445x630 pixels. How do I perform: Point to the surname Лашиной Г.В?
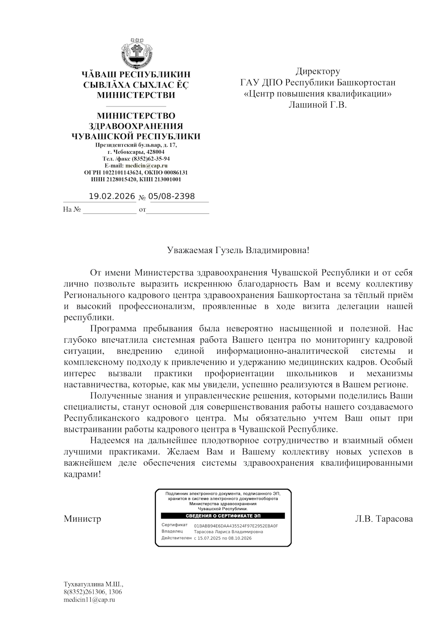point(317,105)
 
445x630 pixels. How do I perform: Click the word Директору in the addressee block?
point(318,71)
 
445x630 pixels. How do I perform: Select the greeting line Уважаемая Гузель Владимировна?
point(238,250)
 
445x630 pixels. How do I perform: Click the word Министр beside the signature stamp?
point(82,519)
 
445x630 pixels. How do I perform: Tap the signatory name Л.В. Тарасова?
point(384,519)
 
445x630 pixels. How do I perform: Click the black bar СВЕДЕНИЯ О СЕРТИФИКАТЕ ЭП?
point(223,516)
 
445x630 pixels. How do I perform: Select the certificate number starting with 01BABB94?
point(236,526)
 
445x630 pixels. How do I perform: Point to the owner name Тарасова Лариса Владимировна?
point(228,532)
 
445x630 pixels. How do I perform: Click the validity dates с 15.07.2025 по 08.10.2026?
point(222,538)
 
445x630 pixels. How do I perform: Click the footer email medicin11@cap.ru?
point(89,600)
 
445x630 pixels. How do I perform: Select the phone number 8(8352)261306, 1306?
point(93,592)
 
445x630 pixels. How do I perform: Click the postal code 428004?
point(155,152)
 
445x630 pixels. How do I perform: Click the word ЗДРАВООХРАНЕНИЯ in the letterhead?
point(136,127)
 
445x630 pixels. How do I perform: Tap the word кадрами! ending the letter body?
point(82,474)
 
